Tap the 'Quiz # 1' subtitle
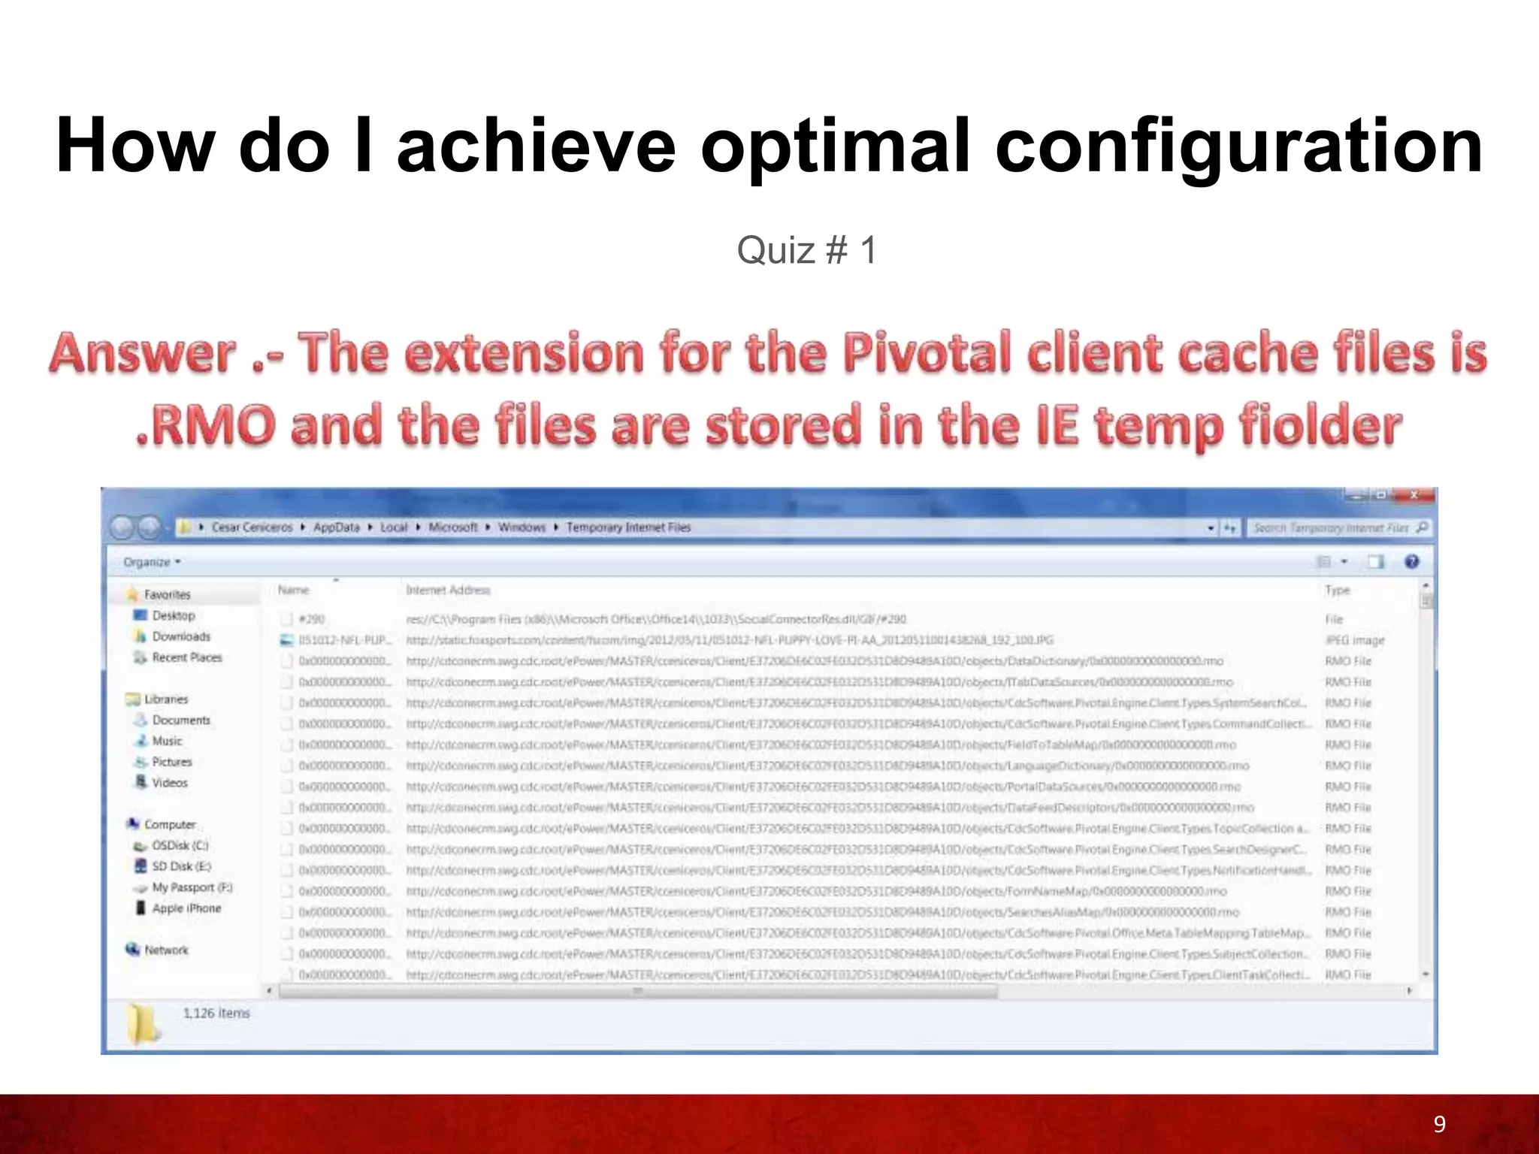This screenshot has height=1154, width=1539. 806,250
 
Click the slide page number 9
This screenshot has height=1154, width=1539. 1439,1124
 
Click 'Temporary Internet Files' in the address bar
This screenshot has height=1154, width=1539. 628,527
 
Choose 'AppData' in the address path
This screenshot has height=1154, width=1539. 336,527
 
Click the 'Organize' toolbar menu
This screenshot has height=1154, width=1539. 151,562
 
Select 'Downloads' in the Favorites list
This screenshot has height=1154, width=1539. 181,636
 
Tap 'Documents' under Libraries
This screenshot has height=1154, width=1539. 181,720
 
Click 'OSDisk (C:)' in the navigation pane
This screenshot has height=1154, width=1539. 180,845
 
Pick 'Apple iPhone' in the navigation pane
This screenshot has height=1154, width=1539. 186,908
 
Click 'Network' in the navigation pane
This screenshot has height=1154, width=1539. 166,950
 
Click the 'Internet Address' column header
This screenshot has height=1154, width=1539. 448,591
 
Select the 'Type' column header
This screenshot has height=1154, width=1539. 1338,591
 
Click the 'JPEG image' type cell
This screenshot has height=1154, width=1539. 1354,640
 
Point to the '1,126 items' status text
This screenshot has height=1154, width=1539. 216,1013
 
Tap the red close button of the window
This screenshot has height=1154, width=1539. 1413,494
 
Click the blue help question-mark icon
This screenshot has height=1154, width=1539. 1412,562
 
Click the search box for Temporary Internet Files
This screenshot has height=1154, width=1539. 1330,528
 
